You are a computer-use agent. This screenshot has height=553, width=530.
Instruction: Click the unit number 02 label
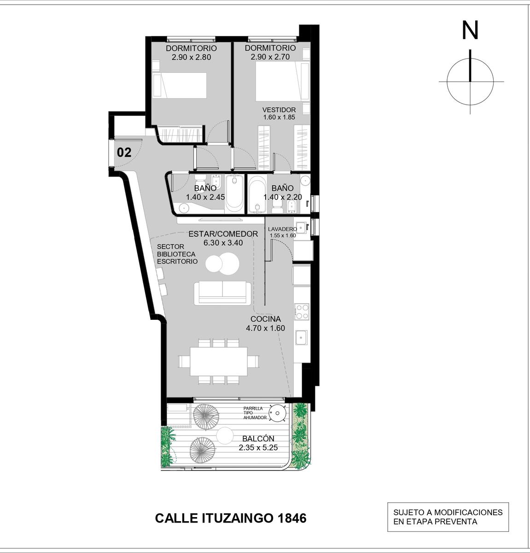point(124,153)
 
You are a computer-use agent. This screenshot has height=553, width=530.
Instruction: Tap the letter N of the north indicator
point(470,30)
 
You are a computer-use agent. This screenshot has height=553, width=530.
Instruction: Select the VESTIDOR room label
point(279,110)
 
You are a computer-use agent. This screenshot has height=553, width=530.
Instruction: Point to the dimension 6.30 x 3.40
point(223,243)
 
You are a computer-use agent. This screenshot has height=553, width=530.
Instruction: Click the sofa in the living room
point(222,293)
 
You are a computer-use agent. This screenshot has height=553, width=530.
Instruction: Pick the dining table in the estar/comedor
point(219,361)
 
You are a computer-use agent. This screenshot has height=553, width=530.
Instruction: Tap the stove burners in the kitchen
point(302,312)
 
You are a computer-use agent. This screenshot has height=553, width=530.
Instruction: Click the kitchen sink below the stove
point(301,338)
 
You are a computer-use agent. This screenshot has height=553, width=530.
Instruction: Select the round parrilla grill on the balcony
point(277,412)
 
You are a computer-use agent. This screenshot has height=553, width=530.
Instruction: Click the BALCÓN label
point(258,438)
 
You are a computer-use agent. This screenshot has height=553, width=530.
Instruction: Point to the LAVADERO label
point(282,229)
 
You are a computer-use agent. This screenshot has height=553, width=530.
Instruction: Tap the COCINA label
point(265,319)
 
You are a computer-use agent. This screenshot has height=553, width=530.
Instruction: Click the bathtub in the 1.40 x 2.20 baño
point(257,194)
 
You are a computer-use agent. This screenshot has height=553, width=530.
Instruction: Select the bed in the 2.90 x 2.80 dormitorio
point(180,86)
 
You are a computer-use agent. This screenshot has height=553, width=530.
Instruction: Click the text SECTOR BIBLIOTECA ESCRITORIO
point(177,254)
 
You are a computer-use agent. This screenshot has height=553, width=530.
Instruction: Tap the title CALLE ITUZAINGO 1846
point(231,518)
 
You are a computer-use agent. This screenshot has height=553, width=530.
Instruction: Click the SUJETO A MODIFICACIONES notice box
point(448,517)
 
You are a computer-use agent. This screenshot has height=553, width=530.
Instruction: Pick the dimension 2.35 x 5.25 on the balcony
point(258,448)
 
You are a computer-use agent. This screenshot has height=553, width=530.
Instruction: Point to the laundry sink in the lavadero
point(301,228)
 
